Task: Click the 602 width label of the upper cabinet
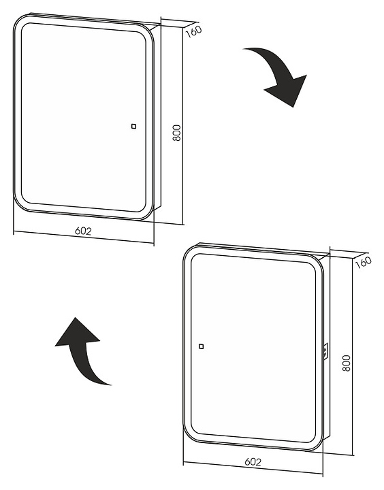tap(83, 231)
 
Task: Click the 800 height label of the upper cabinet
tap(176, 133)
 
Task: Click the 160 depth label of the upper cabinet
tap(194, 31)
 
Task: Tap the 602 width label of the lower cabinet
tap(253, 461)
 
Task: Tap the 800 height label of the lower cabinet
tap(346, 363)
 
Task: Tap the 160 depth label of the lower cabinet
tap(364, 262)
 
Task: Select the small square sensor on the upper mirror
tap(133, 127)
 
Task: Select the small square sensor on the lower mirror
tap(202, 346)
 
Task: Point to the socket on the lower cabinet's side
tap(326, 351)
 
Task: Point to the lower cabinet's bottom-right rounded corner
tap(316, 444)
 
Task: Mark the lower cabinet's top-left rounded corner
tap(189, 252)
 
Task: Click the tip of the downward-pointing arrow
tap(293, 108)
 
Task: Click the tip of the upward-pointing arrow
tap(76, 318)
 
